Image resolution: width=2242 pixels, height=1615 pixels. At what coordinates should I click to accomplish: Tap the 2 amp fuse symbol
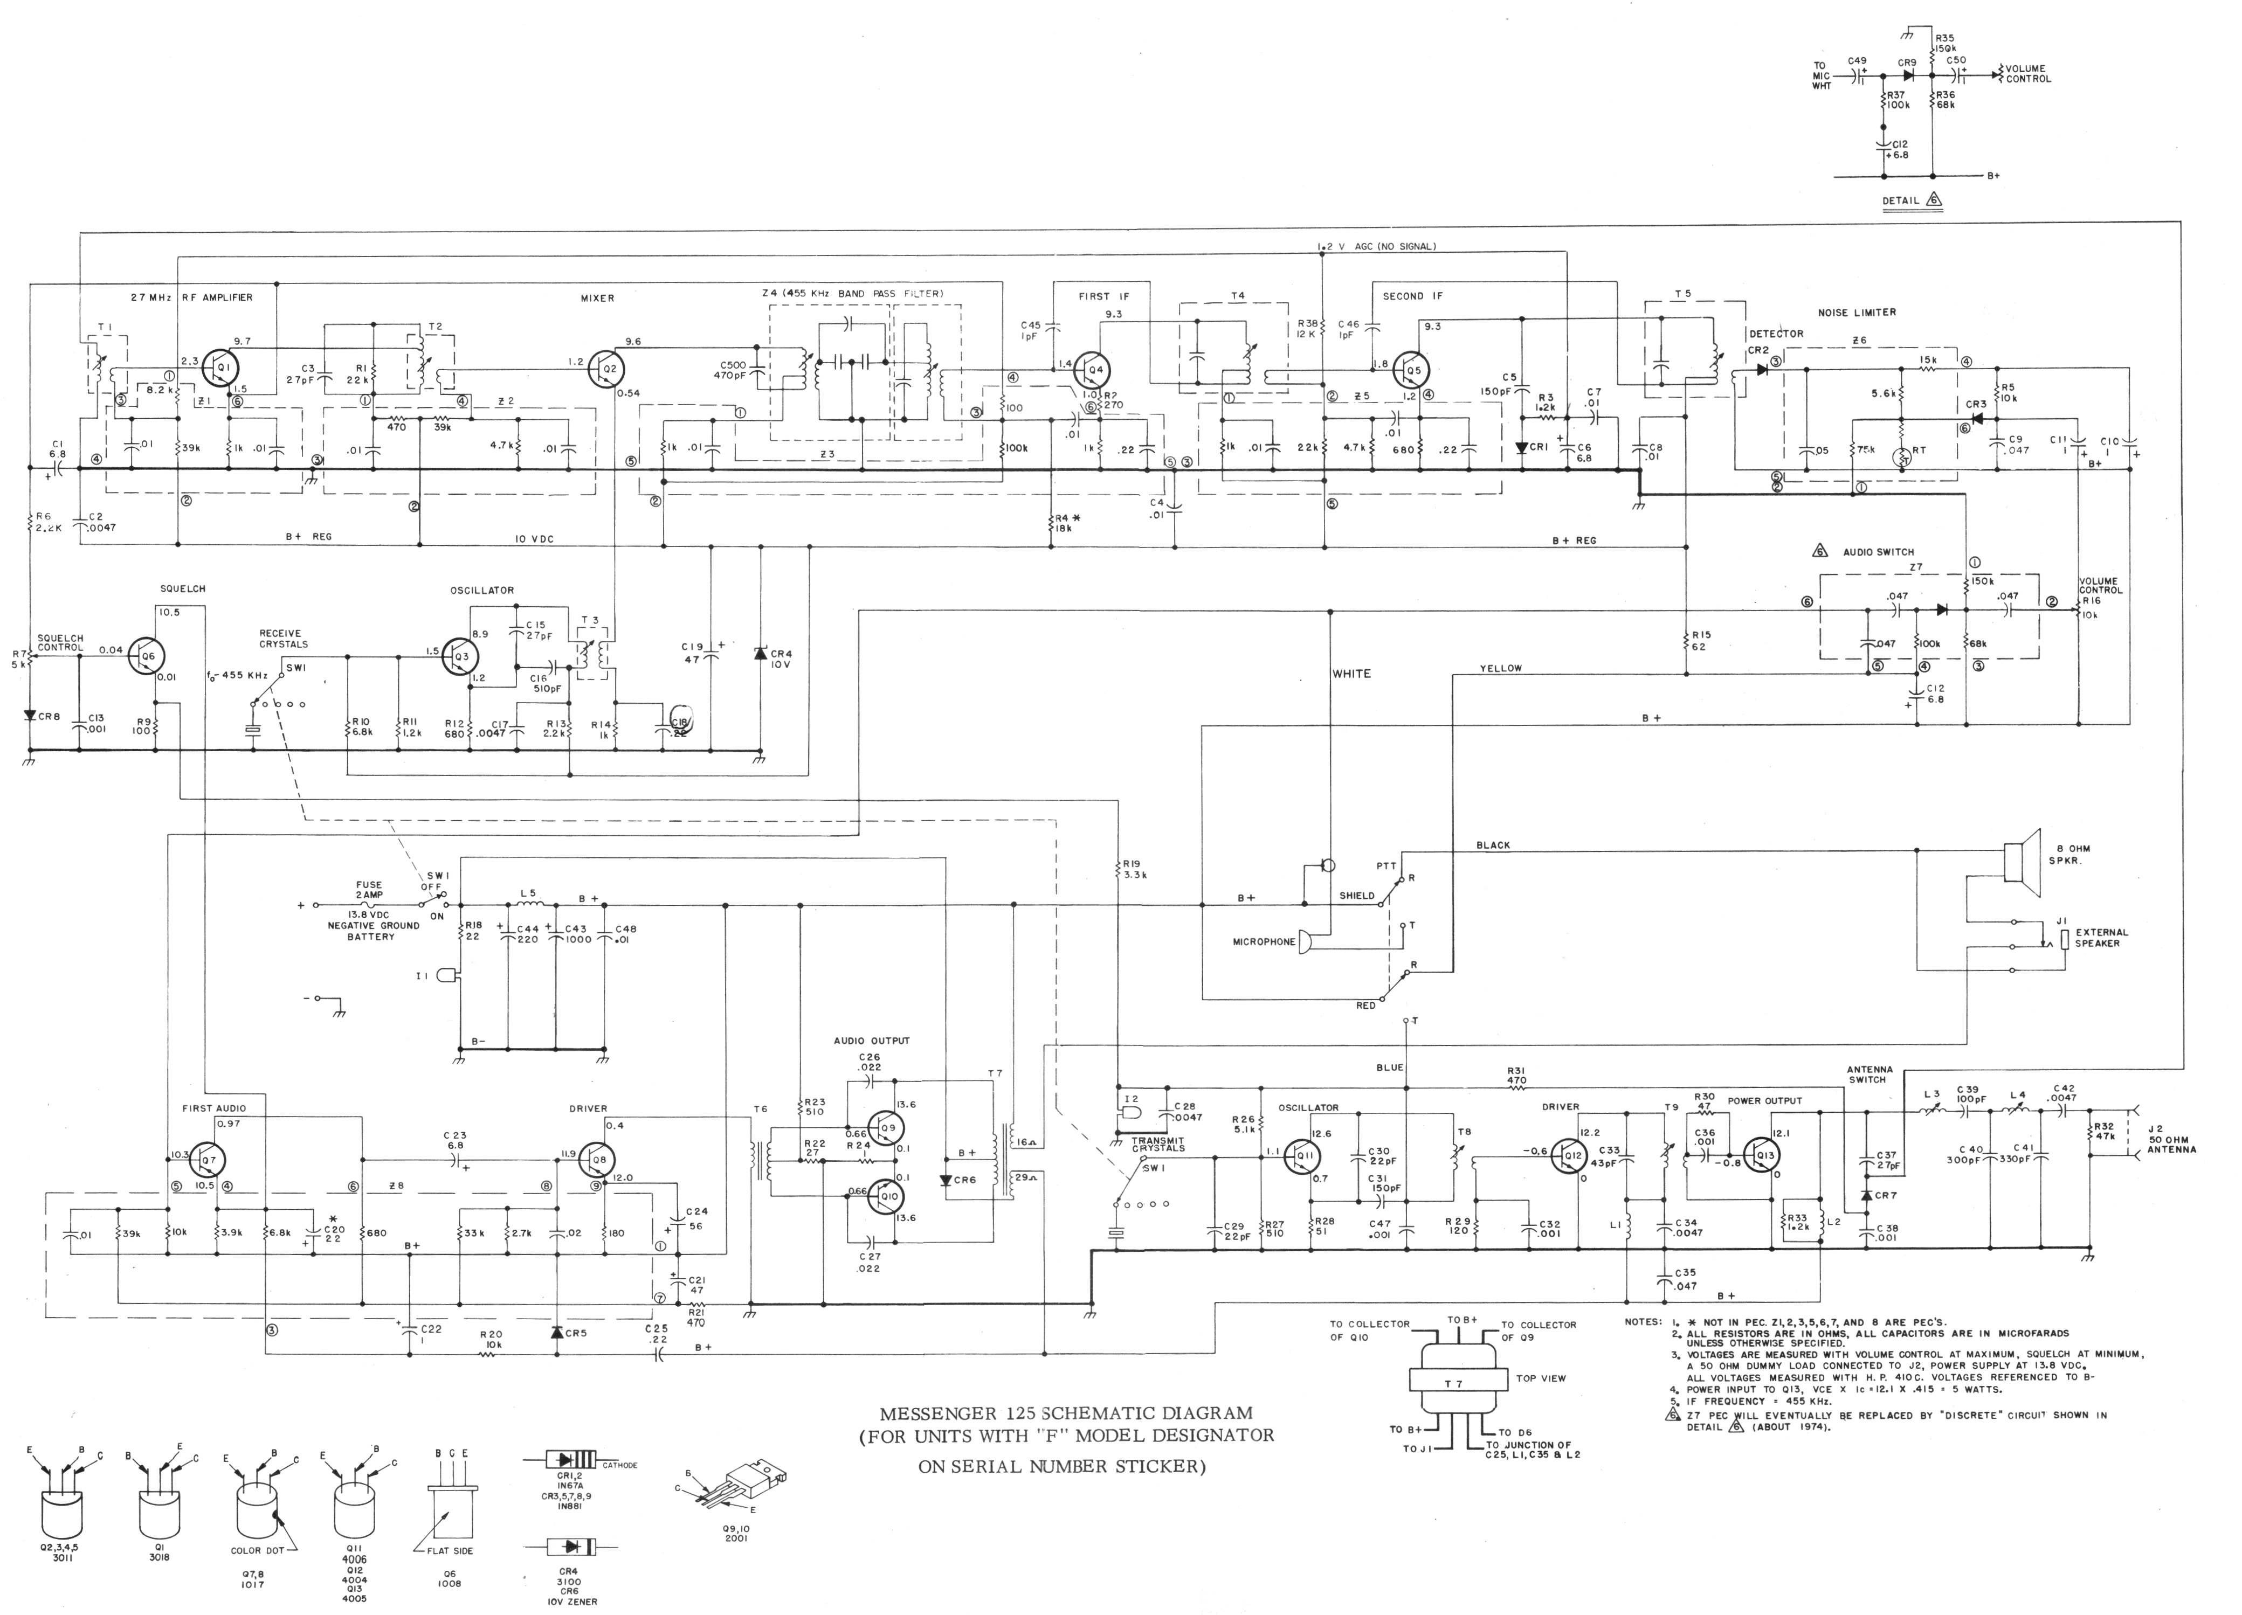369,904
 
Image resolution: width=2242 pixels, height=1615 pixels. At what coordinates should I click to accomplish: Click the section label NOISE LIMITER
1857,313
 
